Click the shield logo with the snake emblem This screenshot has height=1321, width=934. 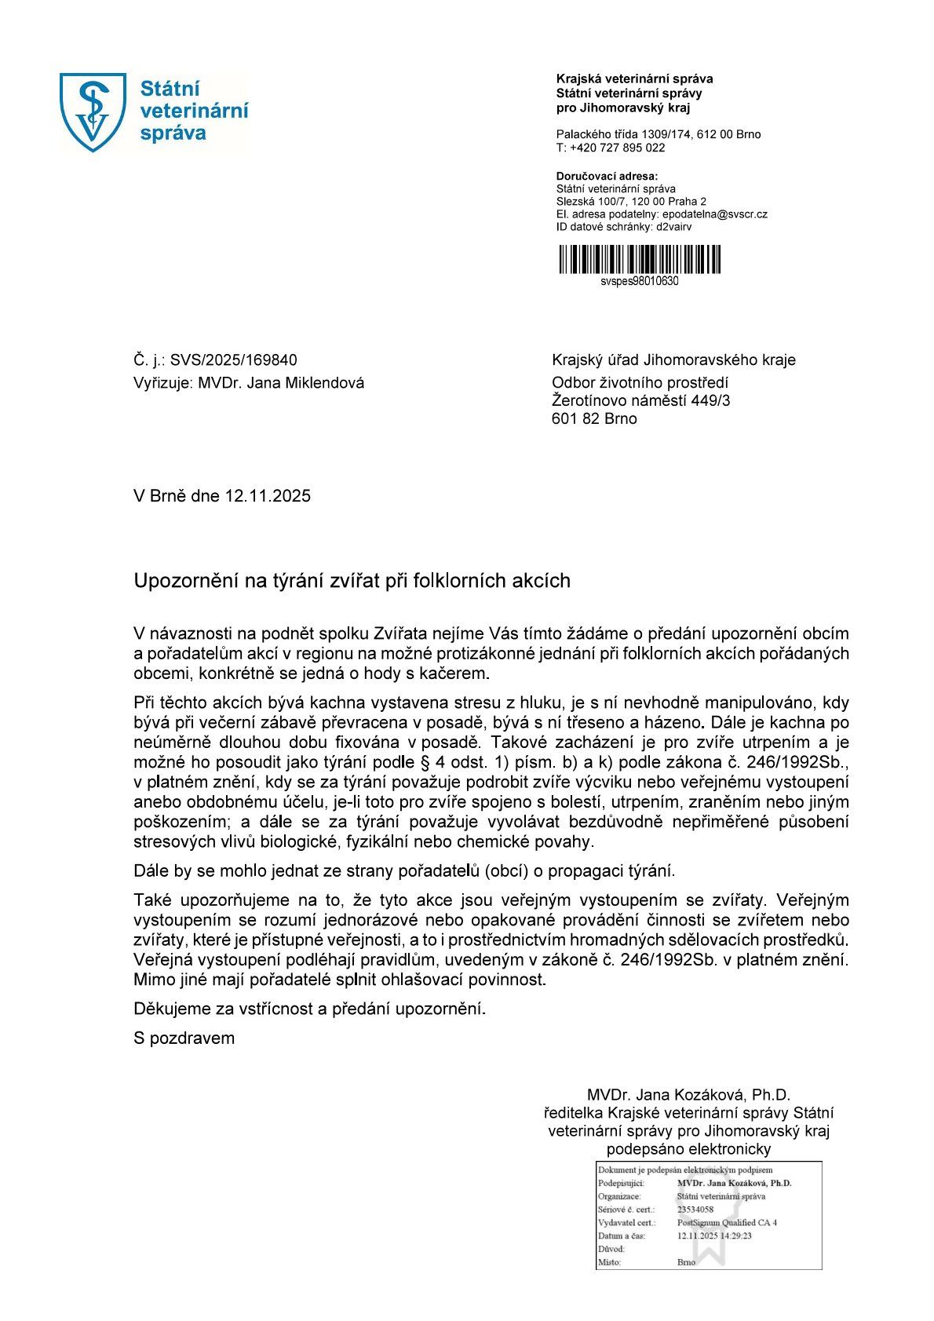pos(93,111)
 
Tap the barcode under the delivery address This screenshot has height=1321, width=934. pos(639,259)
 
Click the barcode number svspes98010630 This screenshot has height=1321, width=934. pos(639,281)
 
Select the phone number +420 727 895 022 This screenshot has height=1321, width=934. pos(617,148)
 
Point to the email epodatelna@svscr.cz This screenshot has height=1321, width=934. pos(715,214)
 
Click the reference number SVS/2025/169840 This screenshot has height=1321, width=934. pos(233,360)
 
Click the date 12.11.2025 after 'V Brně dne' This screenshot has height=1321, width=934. pos(268,496)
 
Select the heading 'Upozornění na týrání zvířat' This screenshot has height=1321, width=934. pos(352,581)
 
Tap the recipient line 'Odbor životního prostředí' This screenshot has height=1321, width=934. pos(640,382)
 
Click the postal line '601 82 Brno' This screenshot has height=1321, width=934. pos(594,418)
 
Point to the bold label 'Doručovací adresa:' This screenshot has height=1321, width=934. pos(607,176)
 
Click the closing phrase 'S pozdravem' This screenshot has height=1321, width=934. pos(184,1038)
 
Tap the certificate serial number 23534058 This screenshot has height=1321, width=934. pos(695,1210)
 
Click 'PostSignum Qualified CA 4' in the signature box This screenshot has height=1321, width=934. pos(727,1223)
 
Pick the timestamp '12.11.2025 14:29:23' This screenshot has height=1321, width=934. pos(714,1235)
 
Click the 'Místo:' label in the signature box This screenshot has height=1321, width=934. pos(609,1262)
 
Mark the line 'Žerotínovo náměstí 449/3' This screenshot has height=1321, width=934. pos(641,400)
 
